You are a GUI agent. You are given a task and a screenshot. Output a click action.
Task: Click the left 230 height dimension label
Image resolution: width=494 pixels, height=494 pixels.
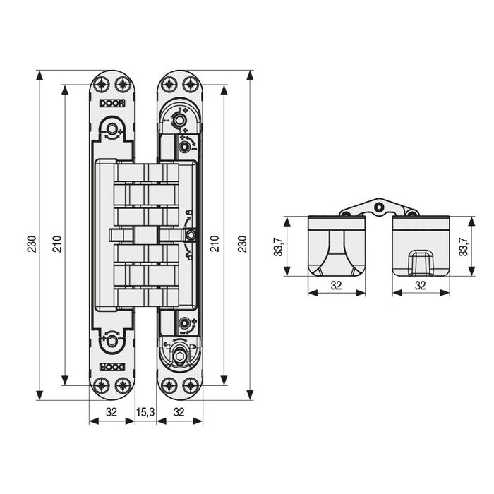(30, 244)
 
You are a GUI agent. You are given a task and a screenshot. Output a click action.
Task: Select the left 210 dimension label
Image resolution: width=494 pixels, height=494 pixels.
(56, 244)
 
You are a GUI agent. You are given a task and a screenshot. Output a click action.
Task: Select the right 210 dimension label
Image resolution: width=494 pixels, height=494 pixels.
(215, 244)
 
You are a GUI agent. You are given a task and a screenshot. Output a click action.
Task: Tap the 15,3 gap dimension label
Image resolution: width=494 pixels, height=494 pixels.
(145, 412)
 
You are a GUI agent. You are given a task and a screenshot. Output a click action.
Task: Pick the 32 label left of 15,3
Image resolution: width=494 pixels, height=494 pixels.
(112, 412)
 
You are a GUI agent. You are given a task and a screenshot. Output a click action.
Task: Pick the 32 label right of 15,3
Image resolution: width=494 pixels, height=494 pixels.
(179, 412)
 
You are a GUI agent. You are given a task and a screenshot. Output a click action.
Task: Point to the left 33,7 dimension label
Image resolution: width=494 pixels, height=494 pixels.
(279, 246)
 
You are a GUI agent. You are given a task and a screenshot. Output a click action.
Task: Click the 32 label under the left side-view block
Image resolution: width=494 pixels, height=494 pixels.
(337, 286)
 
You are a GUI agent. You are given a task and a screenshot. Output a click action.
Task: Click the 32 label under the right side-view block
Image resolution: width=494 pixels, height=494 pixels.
(421, 286)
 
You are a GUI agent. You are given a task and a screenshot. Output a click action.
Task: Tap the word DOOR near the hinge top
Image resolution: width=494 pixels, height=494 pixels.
(112, 102)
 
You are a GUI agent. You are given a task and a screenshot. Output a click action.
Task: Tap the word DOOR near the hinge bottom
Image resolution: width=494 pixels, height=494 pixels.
(112, 367)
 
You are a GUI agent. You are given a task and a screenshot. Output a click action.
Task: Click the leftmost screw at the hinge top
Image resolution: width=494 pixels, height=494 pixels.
(102, 85)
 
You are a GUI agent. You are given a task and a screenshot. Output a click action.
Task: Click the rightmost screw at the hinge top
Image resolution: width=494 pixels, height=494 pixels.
(190, 85)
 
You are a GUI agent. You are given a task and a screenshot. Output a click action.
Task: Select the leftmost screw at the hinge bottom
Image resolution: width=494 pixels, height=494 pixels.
(102, 385)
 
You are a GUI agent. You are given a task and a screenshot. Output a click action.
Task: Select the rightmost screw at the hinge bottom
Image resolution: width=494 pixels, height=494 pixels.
(190, 385)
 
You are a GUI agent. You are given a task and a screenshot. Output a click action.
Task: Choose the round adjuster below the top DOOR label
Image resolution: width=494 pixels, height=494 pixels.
(112, 128)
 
